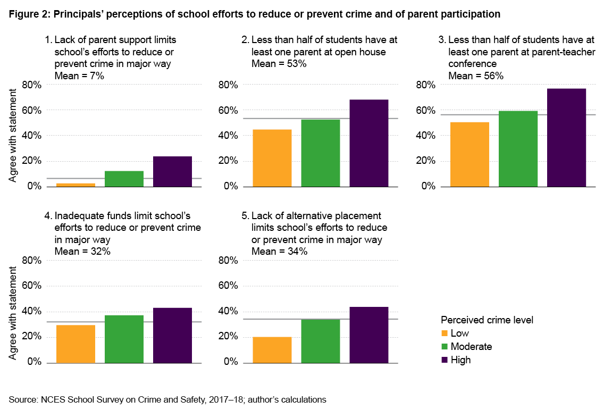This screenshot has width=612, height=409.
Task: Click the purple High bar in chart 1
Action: tap(172, 171)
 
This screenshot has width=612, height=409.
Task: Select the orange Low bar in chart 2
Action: tap(272, 158)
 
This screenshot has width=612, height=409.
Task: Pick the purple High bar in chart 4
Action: tap(172, 335)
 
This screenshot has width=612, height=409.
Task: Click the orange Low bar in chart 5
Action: tap(272, 349)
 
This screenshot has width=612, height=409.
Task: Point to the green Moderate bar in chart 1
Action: tap(124, 179)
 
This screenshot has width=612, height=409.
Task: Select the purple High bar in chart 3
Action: tap(566, 138)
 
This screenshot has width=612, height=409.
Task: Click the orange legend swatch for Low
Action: tap(445, 333)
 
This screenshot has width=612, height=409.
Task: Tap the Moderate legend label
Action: tap(471, 347)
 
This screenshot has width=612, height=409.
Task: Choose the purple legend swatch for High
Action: tap(445, 360)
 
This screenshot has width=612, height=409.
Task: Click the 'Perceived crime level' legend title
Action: tap(487, 320)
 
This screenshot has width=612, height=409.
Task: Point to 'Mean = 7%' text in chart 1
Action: tap(79, 76)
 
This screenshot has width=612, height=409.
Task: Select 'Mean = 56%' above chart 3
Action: tap(476, 76)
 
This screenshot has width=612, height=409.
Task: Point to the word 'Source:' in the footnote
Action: tap(23, 399)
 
